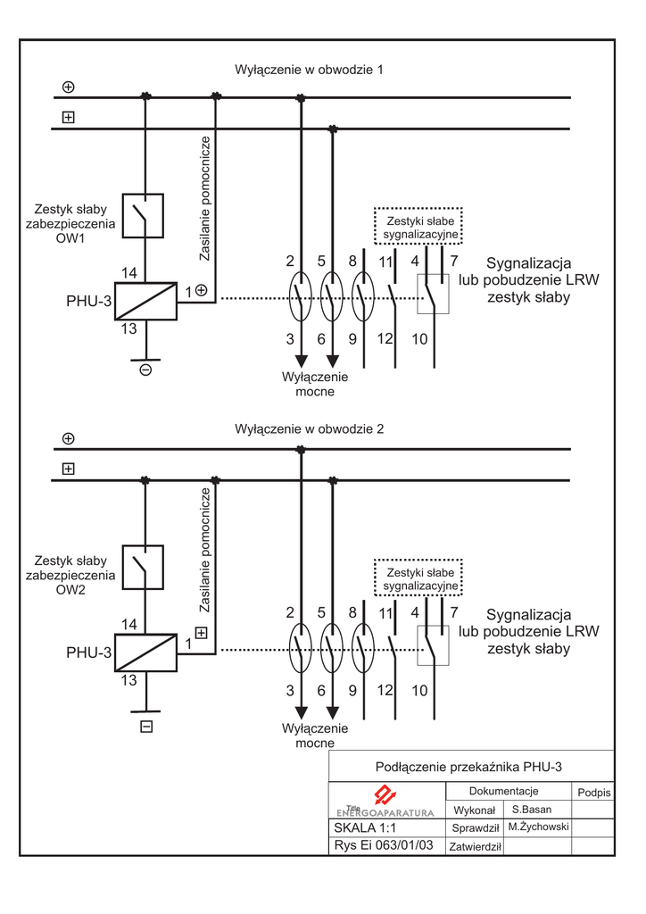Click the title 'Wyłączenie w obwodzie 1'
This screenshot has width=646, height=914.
tap(309, 70)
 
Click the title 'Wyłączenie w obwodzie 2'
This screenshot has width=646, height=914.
tap(309, 429)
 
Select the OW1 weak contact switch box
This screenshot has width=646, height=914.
tap(143, 215)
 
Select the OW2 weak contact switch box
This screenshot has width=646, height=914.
tap(143, 567)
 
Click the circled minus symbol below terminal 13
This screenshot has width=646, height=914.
tap(145, 369)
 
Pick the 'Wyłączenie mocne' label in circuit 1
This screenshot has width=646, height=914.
tap(315, 384)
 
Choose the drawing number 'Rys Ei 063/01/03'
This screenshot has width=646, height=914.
tap(383, 845)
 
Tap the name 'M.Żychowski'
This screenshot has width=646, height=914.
tap(537, 827)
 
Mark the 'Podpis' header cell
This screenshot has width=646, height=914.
tap(593, 793)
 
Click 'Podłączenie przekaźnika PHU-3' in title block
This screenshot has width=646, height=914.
tap(469, 767)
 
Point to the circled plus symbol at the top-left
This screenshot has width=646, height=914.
tap(69, 87)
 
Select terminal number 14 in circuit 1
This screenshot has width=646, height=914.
tap(128, 272)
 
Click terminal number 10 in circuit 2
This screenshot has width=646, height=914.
tap(419, 691)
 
